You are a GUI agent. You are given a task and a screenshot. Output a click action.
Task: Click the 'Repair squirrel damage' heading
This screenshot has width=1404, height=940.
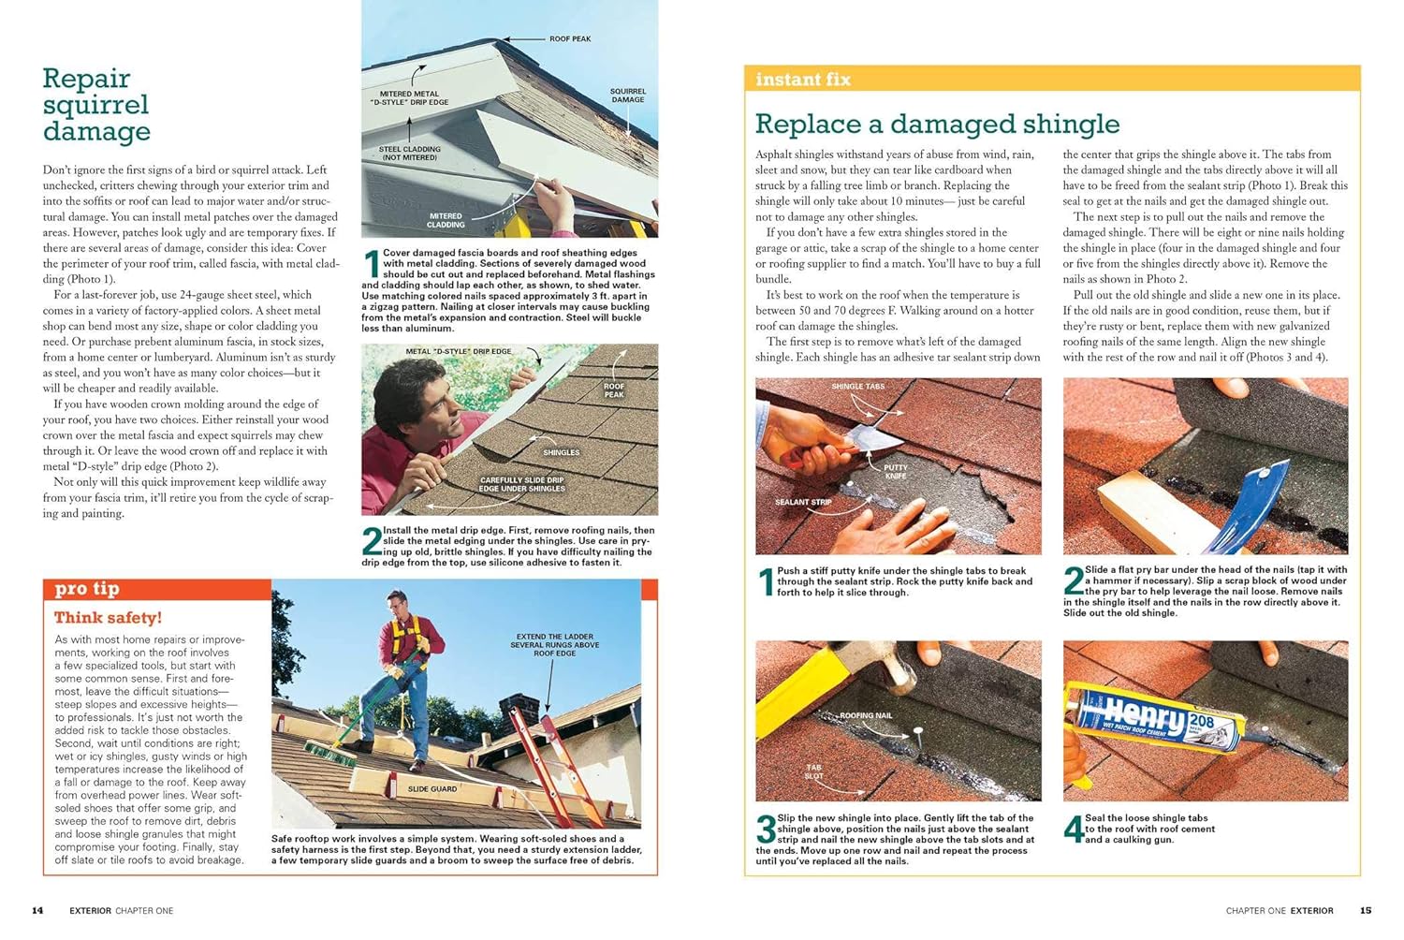pyautogui.click(x=96, y=105)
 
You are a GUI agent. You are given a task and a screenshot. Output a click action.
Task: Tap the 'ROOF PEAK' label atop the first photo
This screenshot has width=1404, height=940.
pyautogui.click(x=570, y=39)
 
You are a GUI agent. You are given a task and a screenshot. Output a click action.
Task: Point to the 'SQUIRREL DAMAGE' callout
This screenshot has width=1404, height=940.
pyautogui.click(x=627, y=95)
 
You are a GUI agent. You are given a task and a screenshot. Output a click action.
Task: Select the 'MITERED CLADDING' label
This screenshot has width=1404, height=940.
pyautogui.click(x=446, y=220)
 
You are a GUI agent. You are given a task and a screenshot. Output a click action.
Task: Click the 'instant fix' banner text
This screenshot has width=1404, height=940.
pyautogui.click(x=803, y=80)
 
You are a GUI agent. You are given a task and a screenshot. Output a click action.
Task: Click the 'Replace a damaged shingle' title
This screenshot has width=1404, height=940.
pyautogui.click(x=937, y=124)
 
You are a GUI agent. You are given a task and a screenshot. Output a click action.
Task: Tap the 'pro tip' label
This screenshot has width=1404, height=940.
pyautogui.click(x=86, y=589)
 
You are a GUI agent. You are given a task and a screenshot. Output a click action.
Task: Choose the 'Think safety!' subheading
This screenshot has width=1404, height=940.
pyautogui.click(x=108, y=618)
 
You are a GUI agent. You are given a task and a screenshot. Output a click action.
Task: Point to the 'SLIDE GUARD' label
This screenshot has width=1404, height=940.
pyautogui.click(x=432, y=789)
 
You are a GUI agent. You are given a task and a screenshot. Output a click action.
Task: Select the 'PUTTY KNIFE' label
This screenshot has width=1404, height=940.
pyautogui.click(x=895, y=472)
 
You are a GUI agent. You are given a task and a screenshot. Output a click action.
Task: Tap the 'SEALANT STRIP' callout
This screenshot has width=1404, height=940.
pyautogui.click(x=803, y=502)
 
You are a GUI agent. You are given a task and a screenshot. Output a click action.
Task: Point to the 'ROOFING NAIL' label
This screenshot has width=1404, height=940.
pyautogui.click(x=866, y=715)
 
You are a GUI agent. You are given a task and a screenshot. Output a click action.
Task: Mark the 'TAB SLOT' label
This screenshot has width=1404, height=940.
pyautogui.click(x=813, y=771)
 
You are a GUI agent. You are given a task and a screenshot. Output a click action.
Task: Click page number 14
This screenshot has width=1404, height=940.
pyautogui.click(x=37, y=911)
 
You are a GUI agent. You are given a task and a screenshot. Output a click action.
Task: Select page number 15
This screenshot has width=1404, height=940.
pyautogui.click(x=1365, y=911)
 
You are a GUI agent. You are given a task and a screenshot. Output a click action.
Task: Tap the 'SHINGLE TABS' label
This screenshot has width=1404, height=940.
pyautogui.click(x=857, y=387)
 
